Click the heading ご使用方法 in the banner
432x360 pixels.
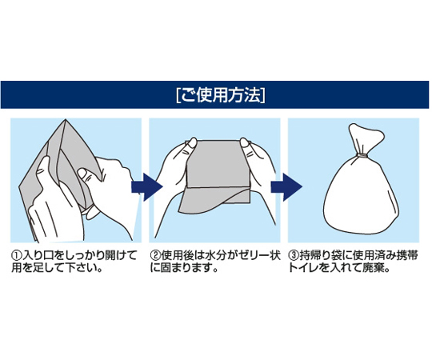coord(221,95)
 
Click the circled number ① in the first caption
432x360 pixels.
coord(16,256)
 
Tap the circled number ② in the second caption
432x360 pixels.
coord(155,256)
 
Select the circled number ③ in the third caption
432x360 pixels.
coord(294,256)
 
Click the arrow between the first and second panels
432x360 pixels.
coord(147,186)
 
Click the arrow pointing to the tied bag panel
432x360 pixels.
coord(286,186)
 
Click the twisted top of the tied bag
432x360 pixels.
coord(365,138)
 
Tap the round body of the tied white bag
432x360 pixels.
coord(361,195)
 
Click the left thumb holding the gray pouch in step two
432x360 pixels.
coord(191,145)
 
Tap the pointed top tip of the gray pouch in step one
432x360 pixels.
coord(66,120)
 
